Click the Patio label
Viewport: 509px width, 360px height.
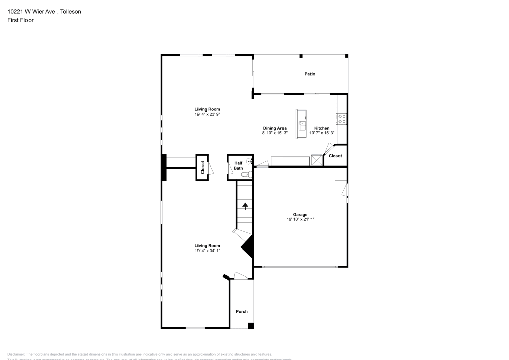[x=309, y=74]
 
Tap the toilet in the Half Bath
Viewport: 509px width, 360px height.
[x=246, y=175]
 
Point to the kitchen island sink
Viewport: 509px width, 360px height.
[x=302, y=122]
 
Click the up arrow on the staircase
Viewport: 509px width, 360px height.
[x=245, y=206]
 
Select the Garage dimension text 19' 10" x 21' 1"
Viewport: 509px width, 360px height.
[x=300, y=219]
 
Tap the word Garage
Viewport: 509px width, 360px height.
[x=300, y=215]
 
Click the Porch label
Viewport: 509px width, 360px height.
[x=241, y=312]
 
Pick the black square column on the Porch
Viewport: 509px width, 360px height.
[x=250, y=325]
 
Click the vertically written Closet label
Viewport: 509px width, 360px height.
[x=202, y=168]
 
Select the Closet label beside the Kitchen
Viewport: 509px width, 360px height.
[x=335, y=156]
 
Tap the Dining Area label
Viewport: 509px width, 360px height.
[x=274, y=128]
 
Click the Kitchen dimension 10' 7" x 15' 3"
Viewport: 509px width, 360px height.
[x=321, y=133]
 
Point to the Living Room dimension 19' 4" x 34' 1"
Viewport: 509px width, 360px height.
[x=207, y=251]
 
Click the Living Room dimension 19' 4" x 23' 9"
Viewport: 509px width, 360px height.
[x=207, y=114]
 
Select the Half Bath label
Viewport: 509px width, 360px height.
[x=238, y=165]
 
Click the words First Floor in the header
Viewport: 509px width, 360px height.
[x=20, y=20]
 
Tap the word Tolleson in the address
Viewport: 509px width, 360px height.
[x=70, y=11]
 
